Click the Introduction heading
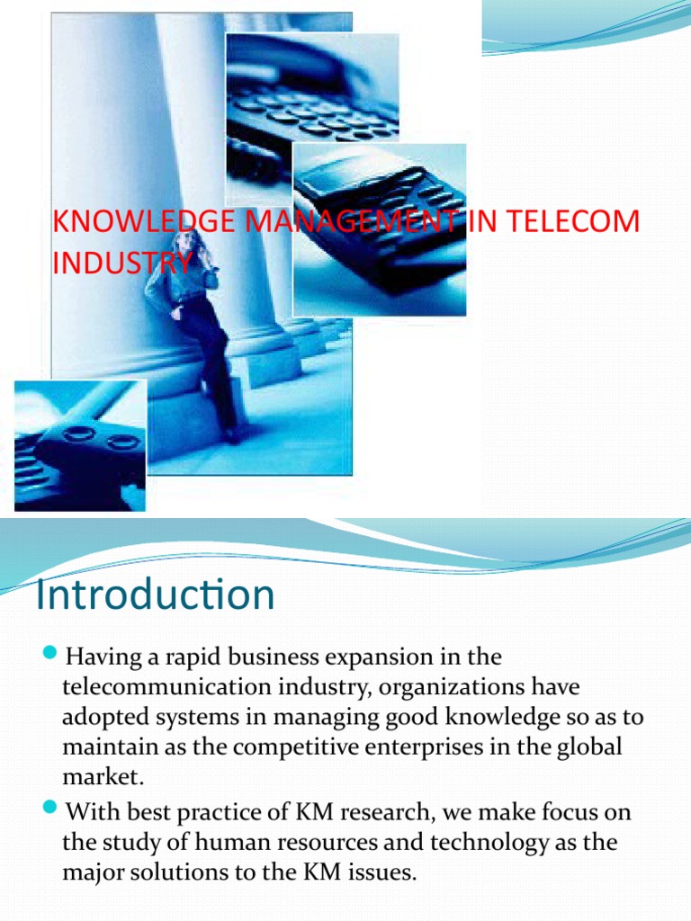(x=154, y=595)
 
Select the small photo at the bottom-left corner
(x=80, y=445)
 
